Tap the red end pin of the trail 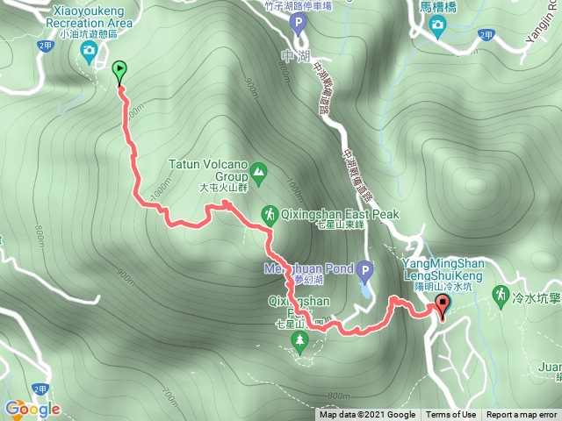[x=442, y=305]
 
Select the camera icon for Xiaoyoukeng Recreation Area [x=89, y=52]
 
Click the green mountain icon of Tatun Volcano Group [x=258, y=171]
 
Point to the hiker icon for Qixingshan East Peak [x=269, y=214]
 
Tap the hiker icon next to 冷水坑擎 [x=501, y=292]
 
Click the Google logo [x=32, y=409]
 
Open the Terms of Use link [x=451, y=415]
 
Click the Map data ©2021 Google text [x=367, y=415]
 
